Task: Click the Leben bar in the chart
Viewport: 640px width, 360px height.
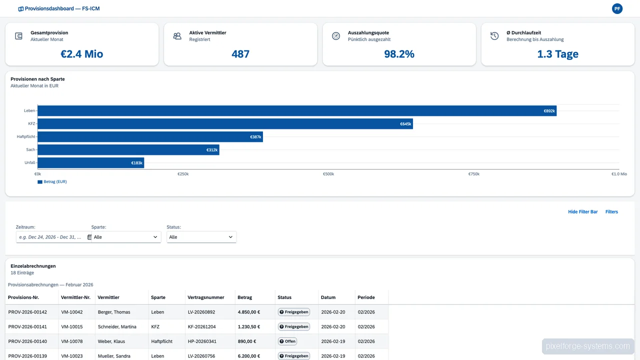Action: coord(297,110)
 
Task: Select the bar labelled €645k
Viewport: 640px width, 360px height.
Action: coord(225,123)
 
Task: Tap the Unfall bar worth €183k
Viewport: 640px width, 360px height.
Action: coord(90,162)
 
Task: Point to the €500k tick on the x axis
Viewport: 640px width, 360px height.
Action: coord(328,174)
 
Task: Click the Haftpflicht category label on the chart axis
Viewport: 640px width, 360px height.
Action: coord(26,136)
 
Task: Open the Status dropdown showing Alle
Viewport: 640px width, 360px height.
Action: coord(201,237)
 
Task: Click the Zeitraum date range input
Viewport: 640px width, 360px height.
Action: coord(51,237)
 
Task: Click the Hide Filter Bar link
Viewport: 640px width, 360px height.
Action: coord(582,211)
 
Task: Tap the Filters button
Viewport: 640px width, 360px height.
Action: coord(611,211)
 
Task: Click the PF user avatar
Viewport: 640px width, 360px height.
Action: coord(617,8)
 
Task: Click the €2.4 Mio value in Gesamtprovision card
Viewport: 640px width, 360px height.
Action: coord(82,54)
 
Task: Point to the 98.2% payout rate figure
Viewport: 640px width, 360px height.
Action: coord(399,54)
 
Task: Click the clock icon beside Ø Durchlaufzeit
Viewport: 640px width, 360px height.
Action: coord(494,36)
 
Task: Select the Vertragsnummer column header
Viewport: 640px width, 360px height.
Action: coord(205,297)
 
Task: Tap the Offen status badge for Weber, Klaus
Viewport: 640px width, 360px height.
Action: coord(287,341)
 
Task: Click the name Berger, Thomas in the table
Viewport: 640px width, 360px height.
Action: coord(114,312)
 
